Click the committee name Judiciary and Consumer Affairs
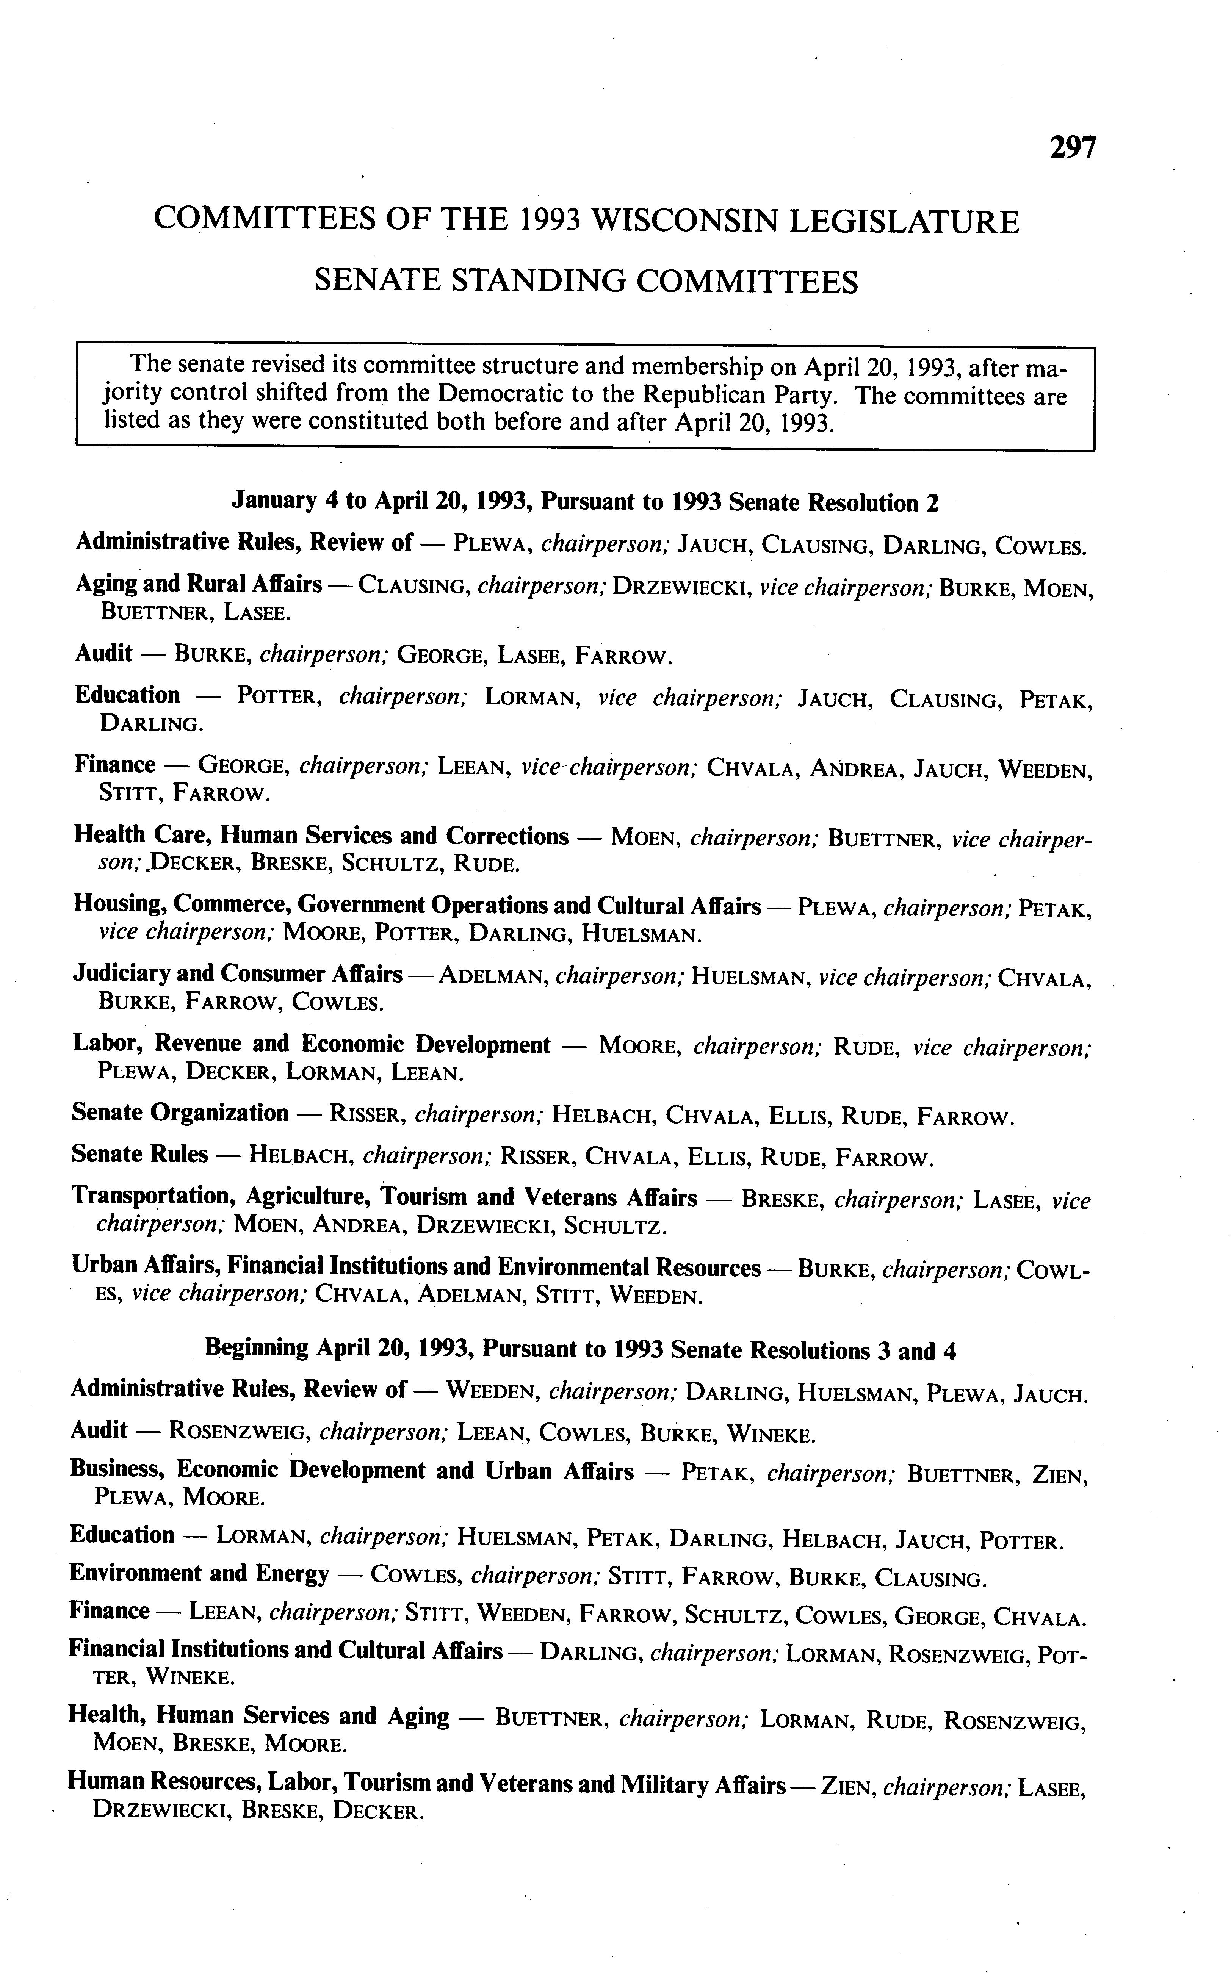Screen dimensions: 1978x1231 pyautogui.click(x=238, y=974)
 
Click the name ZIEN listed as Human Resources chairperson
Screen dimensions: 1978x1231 pyautogui.click(x=848, y=1787)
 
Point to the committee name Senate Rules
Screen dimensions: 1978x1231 pyautogui.click(x=139, y=1154)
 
